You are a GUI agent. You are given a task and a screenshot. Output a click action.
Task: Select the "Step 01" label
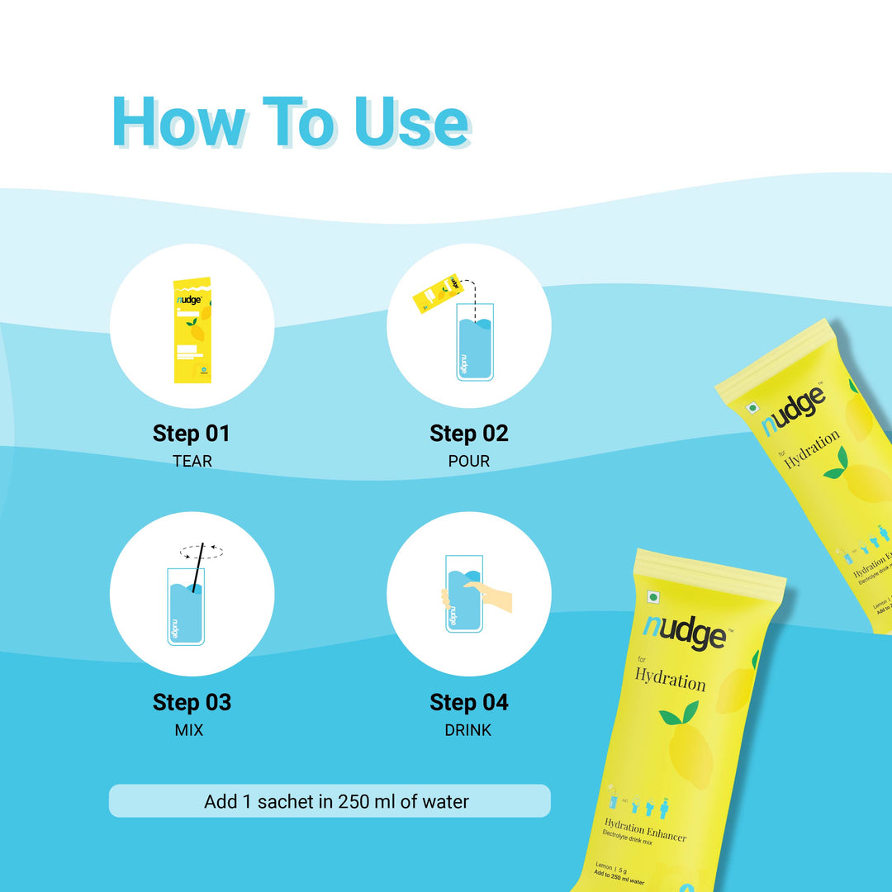click(192, 434)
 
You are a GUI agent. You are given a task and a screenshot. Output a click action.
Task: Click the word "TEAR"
click(192, 462)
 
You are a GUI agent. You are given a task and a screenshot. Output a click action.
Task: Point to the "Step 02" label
click(468, 434)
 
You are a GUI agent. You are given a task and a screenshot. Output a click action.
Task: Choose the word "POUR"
click(468, 462)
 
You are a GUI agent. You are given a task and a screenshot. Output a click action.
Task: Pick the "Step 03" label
click(192, 703)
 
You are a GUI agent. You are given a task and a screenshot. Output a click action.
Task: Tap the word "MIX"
click(189, 731)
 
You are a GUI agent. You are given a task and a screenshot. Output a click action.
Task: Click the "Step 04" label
click(468, 703)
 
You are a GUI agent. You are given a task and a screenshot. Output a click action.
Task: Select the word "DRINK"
click(468, 731)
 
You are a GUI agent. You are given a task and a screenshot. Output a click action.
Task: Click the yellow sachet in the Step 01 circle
click(192, 330)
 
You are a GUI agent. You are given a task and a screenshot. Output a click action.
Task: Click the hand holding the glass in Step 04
click(491, 595)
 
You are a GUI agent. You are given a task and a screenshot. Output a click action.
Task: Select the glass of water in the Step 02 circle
click(475, 343)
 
